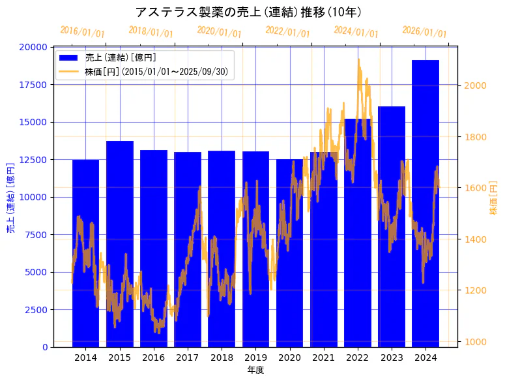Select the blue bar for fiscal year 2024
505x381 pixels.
[426, 202]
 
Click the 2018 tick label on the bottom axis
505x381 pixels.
[222, 358]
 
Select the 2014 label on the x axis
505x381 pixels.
[85, 358]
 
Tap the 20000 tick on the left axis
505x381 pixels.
[33, 47]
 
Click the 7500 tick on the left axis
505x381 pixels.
[35, 234]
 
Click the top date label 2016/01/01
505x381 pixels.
[82, 32]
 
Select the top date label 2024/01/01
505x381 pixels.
[356, 32]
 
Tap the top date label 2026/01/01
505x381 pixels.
[424, 32]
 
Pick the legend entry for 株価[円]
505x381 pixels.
[156, 72]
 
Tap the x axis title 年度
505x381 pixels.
[255, 370]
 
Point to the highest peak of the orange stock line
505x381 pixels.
[358, 59]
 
